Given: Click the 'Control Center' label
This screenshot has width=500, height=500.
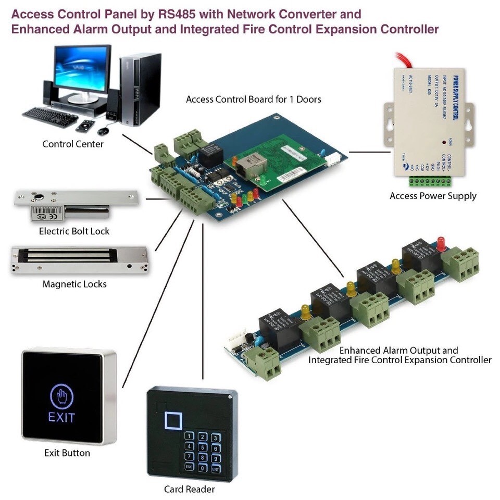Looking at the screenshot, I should tap(73, 144).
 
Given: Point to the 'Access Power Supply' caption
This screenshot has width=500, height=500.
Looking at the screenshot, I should tap(433, 196).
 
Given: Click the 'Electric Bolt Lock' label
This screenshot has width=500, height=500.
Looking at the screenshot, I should tap(74, 231).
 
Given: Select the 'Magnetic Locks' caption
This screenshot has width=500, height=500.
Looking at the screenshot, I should tap(74, 284).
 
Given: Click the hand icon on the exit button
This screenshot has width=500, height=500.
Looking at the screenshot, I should tap(62, 397).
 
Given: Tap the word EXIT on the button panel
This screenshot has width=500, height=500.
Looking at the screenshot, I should tap(62, 417).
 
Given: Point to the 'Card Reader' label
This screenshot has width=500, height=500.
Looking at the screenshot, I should tap(189, 489).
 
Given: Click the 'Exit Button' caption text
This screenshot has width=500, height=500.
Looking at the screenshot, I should tap(67, 453).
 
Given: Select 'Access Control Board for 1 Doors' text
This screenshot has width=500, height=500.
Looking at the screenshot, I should tap(254, 98).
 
